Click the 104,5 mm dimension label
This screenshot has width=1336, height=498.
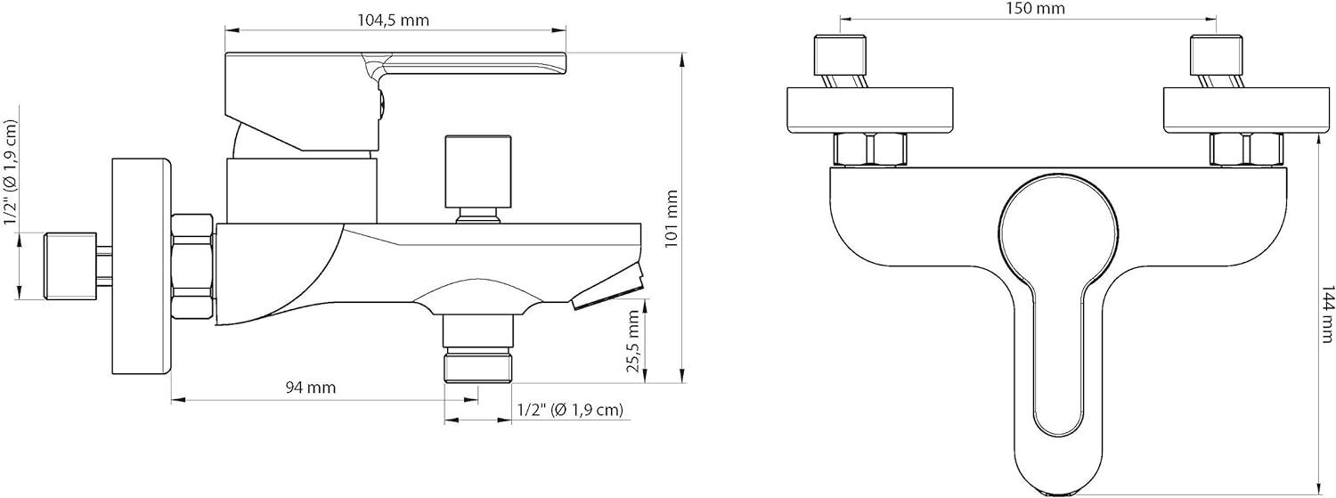[393, 20]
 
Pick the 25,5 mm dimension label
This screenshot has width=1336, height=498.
[633, 341]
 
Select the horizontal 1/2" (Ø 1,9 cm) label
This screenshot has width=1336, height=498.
[570, 410]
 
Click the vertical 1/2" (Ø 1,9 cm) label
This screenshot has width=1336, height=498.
[11, 172]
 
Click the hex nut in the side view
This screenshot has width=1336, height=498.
[192, 266]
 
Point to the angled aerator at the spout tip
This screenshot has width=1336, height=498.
[609, 289]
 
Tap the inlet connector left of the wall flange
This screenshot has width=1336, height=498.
[70, 266]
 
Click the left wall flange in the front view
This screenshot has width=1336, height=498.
[869, 110]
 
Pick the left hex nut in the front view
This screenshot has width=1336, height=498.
[870, 149]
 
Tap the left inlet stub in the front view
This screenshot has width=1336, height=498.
[840, 62]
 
